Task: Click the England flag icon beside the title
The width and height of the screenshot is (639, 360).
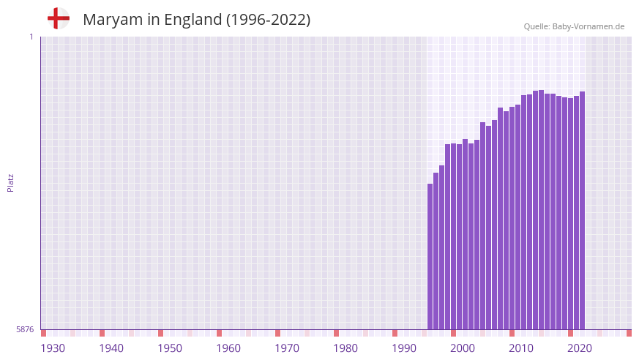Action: point(59,19)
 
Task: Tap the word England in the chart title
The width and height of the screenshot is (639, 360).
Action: point(193,20)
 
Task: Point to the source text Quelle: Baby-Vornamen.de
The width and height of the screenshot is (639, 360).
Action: point(574,27)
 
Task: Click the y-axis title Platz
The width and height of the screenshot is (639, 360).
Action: point(10,183)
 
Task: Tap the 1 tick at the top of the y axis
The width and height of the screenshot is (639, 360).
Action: point(31,37)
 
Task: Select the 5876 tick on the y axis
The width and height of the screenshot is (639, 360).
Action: point(25,330)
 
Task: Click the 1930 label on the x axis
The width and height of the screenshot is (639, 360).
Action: point(53,348)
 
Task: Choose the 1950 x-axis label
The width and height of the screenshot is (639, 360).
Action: point(170,348)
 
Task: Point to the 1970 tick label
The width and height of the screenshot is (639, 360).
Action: point(287,348)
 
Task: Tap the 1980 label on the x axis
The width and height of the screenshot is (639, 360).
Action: point(345,348)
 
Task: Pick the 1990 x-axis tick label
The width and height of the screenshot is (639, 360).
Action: point(404,348)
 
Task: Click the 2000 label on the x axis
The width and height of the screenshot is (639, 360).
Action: point(463,348)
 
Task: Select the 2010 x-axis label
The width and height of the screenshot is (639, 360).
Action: point(521,348)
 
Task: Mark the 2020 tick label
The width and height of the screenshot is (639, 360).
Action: point(580,348)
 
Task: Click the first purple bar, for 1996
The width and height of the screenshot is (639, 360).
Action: point(430,256)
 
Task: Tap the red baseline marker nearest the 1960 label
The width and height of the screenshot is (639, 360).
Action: point(219,333)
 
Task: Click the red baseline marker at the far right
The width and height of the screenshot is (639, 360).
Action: point(629,333)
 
